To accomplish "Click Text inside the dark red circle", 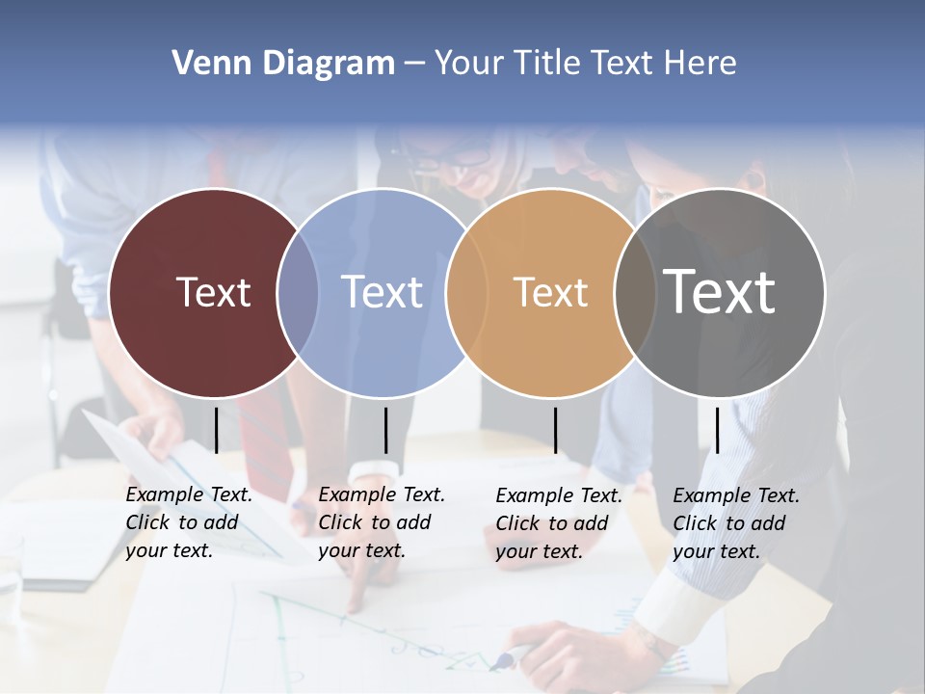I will (213, 292).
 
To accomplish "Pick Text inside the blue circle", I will (382, 292).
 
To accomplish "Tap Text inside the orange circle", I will (550, 292).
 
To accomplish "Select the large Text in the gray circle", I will (719, 292).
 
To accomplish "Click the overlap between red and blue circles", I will (298, 292).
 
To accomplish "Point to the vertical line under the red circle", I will (217, 430).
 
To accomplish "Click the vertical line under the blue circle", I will (385, 430).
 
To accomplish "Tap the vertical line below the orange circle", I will (556, 430).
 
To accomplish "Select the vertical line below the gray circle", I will (718, 430).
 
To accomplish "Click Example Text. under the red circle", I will (189, 494).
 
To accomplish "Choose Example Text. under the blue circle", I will (382, 494).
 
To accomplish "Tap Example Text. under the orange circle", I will (559, 495).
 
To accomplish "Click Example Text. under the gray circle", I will (736, 495).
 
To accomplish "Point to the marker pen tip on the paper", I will (496, 663).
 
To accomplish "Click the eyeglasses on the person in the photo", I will (453, 159).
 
